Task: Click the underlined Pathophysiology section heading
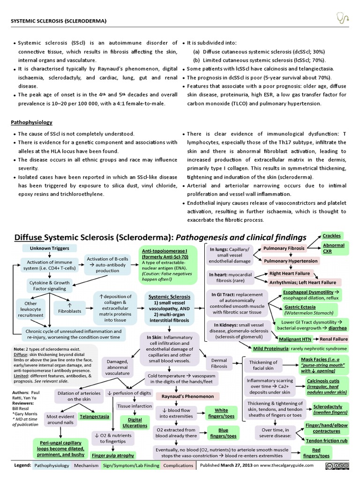(x=31, y=122)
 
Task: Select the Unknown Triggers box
(x=49, y=248)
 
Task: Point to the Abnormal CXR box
(x=333, y=248)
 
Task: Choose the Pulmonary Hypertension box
(x=290, y=261)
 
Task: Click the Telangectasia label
(x=95, y=416)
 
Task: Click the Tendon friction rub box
(x=327, y=441)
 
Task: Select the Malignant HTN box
(x=293, y=338)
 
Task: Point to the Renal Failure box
(x=333, y=338)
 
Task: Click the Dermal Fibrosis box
(x=219, y=363)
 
